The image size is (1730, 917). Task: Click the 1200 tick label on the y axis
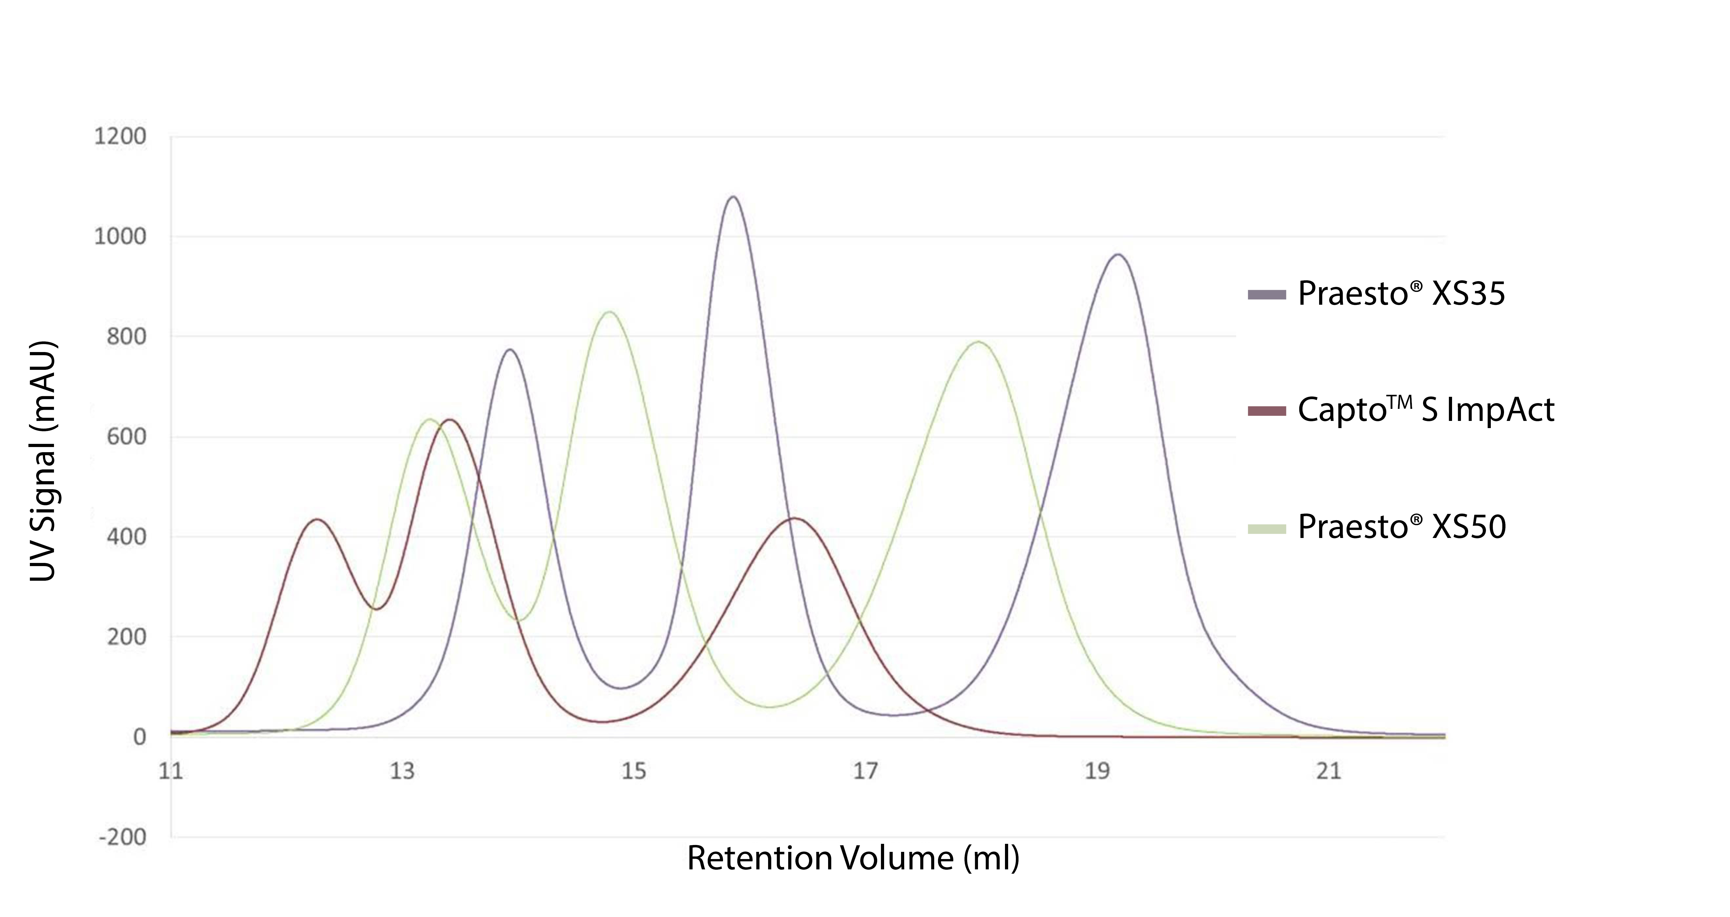(x=119, y=137)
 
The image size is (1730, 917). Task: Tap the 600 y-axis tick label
(x=126, y=437)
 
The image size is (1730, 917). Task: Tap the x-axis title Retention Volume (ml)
(x=853, y=858)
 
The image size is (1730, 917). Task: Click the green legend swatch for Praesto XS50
(x=1267, y=529)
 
